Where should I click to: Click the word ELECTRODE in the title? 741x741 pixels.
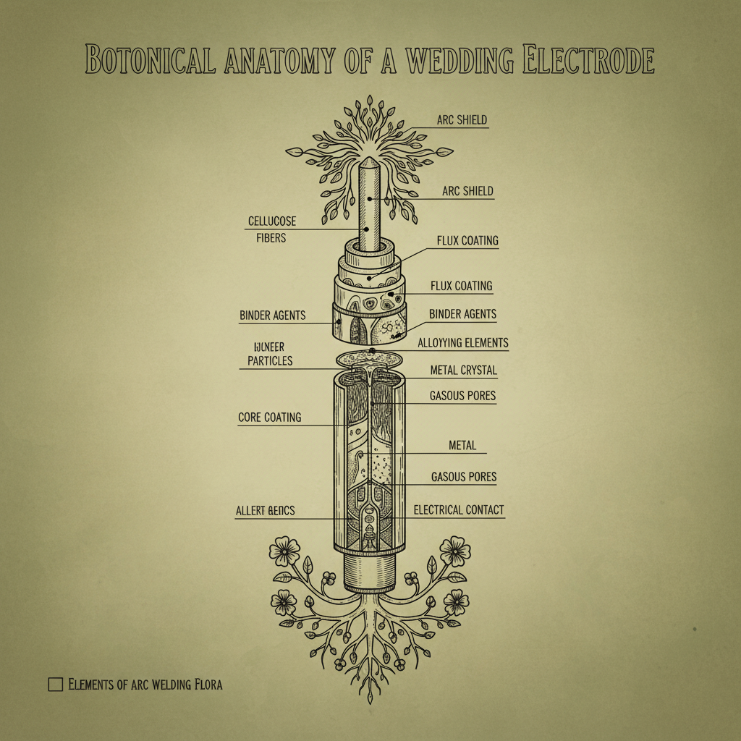click(587, 60)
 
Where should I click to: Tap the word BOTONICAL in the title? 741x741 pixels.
click(150, 60)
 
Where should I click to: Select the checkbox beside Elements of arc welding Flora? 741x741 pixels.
click(55, 684)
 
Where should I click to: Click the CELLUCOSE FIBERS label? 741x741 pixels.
click(271, 229)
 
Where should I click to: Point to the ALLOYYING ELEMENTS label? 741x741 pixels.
click(463, 343)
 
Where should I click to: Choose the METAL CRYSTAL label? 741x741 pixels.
click(463, 370)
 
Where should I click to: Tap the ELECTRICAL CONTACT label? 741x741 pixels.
click(458, 510)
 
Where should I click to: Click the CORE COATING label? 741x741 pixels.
click(269, 418)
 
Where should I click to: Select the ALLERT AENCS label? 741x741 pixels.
click(265, 511)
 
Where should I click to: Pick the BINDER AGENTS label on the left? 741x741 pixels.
click(272, 316)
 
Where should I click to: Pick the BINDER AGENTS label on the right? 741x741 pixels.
click(462, 314)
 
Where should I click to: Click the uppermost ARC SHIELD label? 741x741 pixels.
click(462, 120)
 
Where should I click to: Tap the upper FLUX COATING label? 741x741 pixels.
click(467, 240)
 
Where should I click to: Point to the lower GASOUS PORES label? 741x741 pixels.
click(463, 478)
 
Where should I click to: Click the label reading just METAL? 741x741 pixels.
click(462, 446)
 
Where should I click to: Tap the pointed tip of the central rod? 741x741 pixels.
click(370, 161)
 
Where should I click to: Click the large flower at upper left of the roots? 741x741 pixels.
click(284, 552)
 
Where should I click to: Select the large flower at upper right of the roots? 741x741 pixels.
click(455, 551)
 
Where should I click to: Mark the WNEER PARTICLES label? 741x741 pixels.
click(269, 354)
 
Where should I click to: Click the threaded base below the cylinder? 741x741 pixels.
click(370, 572)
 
